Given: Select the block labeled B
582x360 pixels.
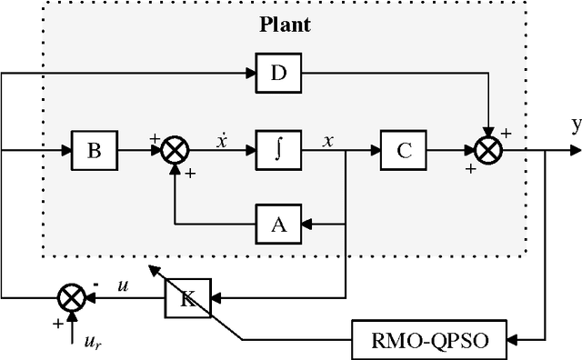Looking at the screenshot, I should [x=94, y=150].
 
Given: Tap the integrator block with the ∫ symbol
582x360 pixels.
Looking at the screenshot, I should [x=278, y=150].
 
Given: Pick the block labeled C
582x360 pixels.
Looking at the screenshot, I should [x=404, y=150].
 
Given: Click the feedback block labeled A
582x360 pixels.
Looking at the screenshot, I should [x=278, y=223].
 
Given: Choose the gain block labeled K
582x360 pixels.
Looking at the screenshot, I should [x=186, y=297].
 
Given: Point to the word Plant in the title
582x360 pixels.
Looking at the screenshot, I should [x=285, y=25].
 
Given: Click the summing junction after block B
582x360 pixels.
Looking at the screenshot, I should [x=174, y=151].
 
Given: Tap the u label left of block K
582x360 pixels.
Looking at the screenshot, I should [x=124, y=285].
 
